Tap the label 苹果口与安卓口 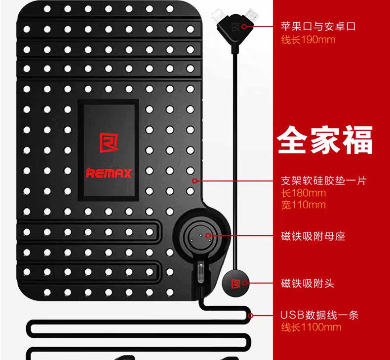click(318, 27)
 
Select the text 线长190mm click(308, 39)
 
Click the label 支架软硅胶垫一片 click(323, 180)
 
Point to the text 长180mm click(303, 193)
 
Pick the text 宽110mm click(303, 205)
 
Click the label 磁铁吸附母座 click(313, 236)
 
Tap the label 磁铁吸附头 click(308, 284)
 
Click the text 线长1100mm click(311, 327)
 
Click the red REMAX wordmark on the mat click(109, 173)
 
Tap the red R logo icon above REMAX click(109, 144)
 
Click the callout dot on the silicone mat click(195, 181)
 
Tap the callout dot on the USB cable click(251, 315)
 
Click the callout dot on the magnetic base click(208, 236)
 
